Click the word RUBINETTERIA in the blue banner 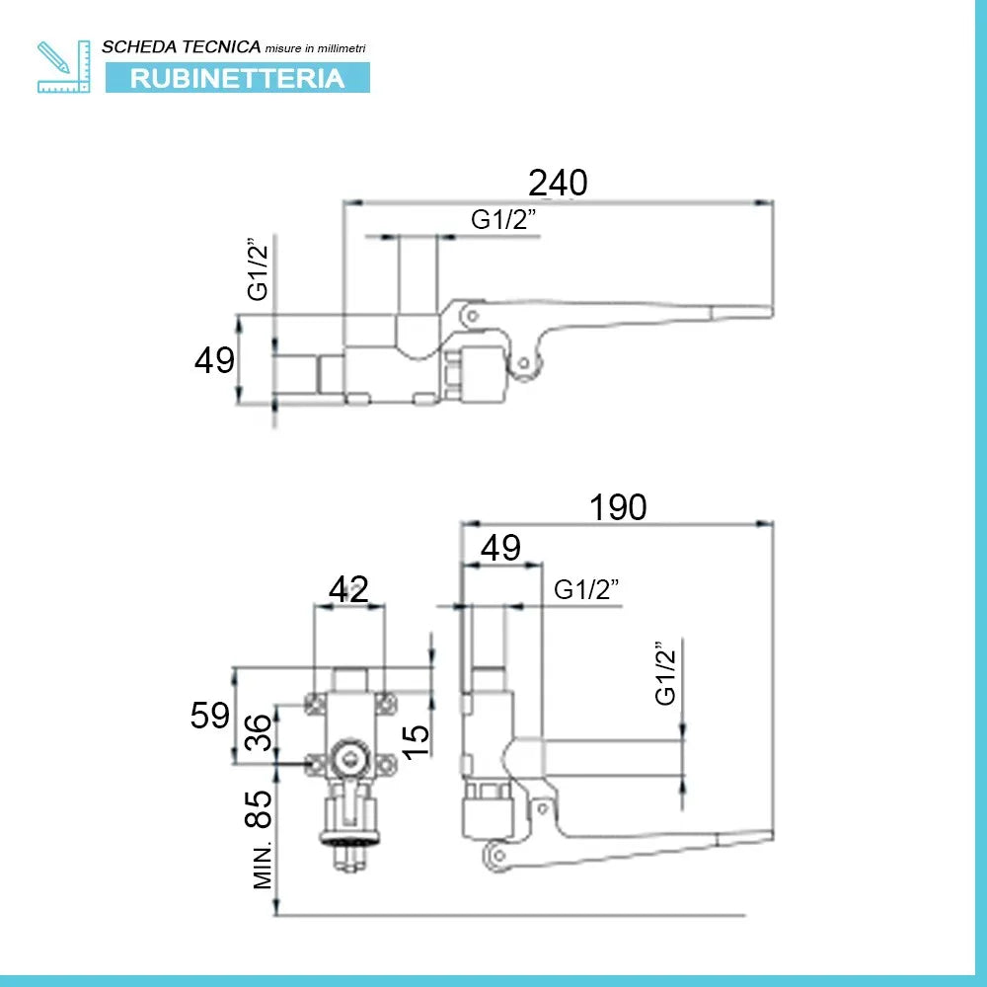237,78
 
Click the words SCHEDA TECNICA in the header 182,46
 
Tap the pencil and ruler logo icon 63,67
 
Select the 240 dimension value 558,183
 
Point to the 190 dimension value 618,507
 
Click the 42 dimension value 348,590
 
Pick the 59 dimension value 209,715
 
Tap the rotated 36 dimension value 258,732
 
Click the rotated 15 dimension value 415,742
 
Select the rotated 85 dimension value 258,809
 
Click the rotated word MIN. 263,866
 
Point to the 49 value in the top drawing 214,360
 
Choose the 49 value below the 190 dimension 500,548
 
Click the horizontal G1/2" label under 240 503,219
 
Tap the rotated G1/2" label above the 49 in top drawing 258,268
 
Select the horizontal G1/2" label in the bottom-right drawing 586,589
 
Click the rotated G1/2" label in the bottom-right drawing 665,673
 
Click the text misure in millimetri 316,48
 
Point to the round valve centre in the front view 350,758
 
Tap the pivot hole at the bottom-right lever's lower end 498,856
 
